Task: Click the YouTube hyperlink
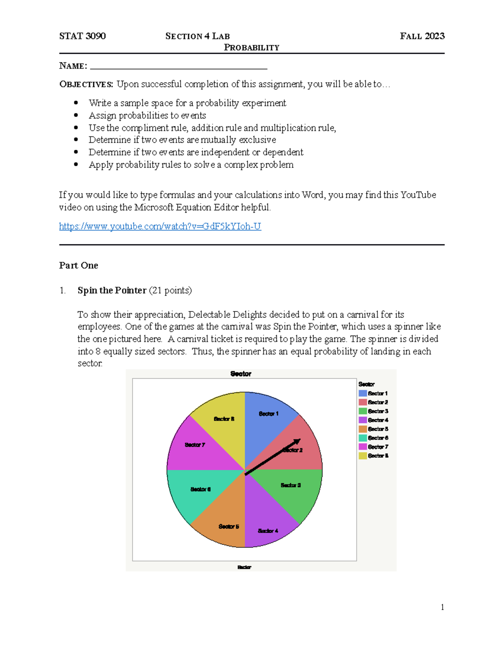click(x=160, y=226)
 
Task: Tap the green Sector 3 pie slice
click(x=294, y=489)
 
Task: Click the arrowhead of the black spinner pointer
click(x=298, y=441)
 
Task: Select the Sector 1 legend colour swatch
click(x=362, y=393)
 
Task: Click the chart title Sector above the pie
click(x=241, y=374)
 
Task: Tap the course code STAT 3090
click(x=82, y=36)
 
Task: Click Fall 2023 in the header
click(x=422, y=36)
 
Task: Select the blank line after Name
click(x=178, y=66)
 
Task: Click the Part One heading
click(x=79, y=265)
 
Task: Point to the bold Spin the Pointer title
click(x=112, y=291)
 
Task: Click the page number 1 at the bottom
click(x=442, y=607)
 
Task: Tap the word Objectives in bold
click(x=86, y=84)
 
